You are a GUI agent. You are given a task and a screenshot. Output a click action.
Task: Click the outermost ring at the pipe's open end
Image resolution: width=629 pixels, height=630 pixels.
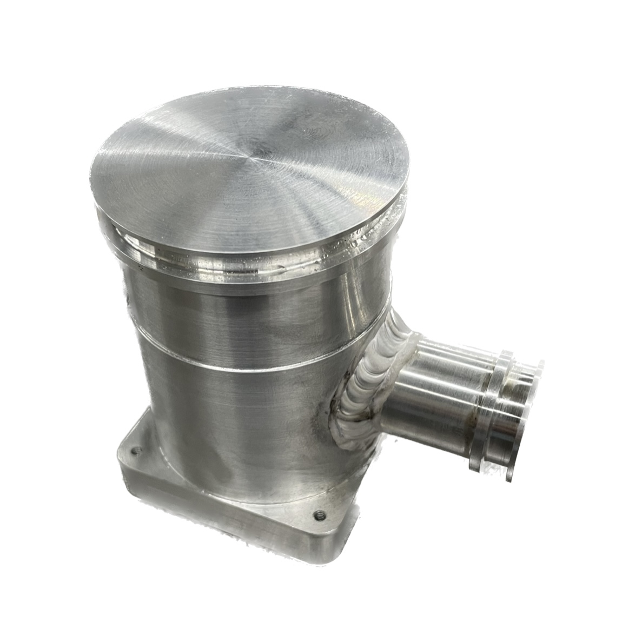(527, 400)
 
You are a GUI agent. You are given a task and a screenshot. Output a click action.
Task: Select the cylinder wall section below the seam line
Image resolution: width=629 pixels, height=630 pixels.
(227, 427)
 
